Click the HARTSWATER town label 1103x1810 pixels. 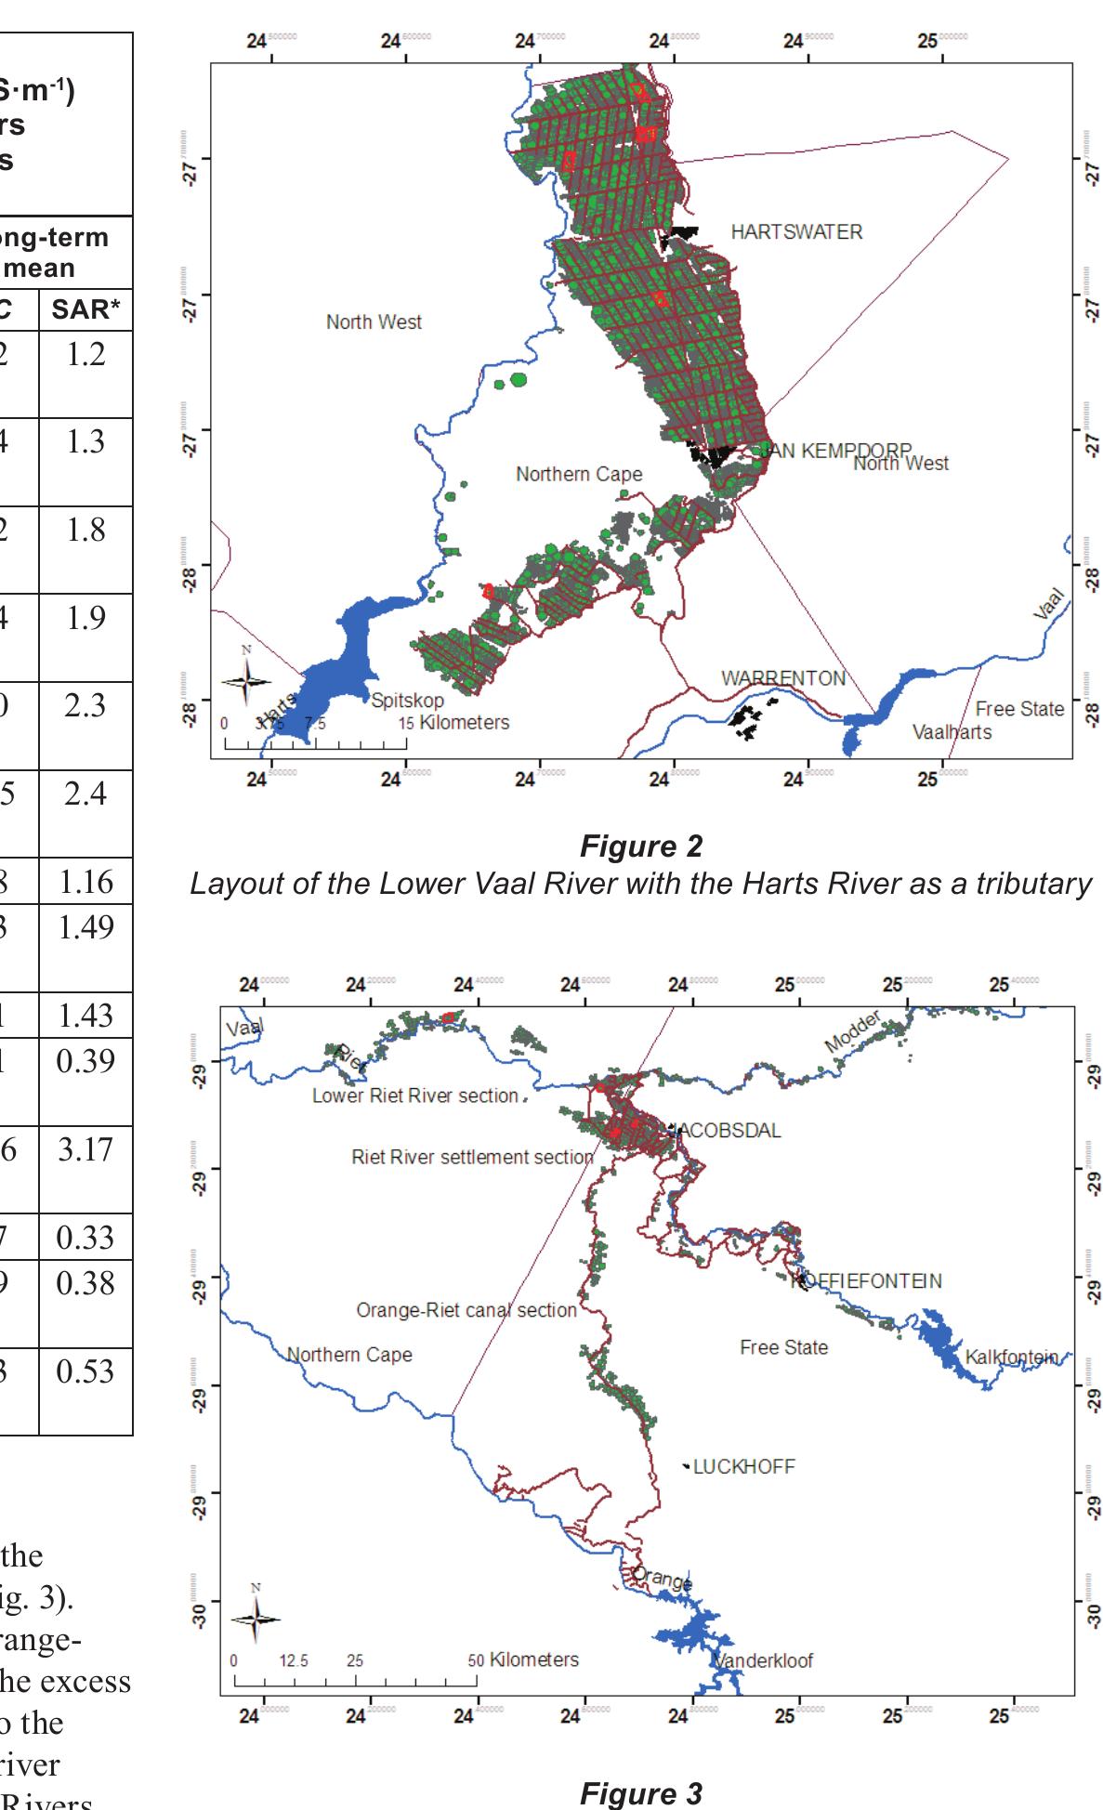(796, 232)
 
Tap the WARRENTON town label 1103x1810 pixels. (783, 678)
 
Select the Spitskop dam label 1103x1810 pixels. (408, 701)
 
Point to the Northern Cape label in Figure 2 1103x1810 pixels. (579, 474)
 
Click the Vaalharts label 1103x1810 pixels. (952, 732)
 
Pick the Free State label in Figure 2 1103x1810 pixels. (1019, 709)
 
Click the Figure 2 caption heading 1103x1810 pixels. (641, 846)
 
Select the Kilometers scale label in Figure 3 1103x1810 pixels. (533, 1659)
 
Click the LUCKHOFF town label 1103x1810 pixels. (743, 1466)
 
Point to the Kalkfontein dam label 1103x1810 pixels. (1011, 1357)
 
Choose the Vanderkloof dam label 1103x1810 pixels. (763, 1660)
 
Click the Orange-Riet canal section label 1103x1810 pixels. (466, 1310)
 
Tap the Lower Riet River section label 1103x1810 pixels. (414, 1095)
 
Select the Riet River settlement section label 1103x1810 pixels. (472, 1157)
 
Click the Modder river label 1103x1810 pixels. (852, 1033)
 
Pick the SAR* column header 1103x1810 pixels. (85, 309)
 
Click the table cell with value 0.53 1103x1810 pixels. (85, 1371)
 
